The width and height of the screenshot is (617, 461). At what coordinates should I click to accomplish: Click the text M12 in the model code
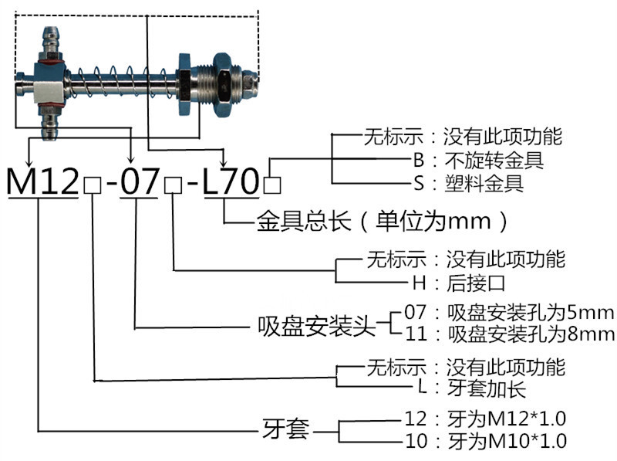pyautogui.click(x=42, y=183)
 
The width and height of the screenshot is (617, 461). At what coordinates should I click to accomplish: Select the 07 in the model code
pyautogui.click(x=139, y=183)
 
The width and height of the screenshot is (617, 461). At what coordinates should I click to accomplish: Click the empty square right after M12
pyautogui.click(x=92, y=186)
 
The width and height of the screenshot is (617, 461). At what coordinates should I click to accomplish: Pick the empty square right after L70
pyautogui.click(x=272, y=186)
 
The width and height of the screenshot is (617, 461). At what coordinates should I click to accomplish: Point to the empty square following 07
pyautogui.click(x=173, y=186)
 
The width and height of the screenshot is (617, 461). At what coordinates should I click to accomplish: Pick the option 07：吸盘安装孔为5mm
pyautogui.click(x=509, y=314)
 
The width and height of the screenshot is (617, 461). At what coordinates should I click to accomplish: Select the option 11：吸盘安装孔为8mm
pyautogui.click(x=509, y=334)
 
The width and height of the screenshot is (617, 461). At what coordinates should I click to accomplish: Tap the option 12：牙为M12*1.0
pyautogui.click(x=485, y=419)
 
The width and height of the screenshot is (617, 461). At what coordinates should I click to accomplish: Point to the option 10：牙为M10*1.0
pyautogui.click(x=485, y=442)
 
